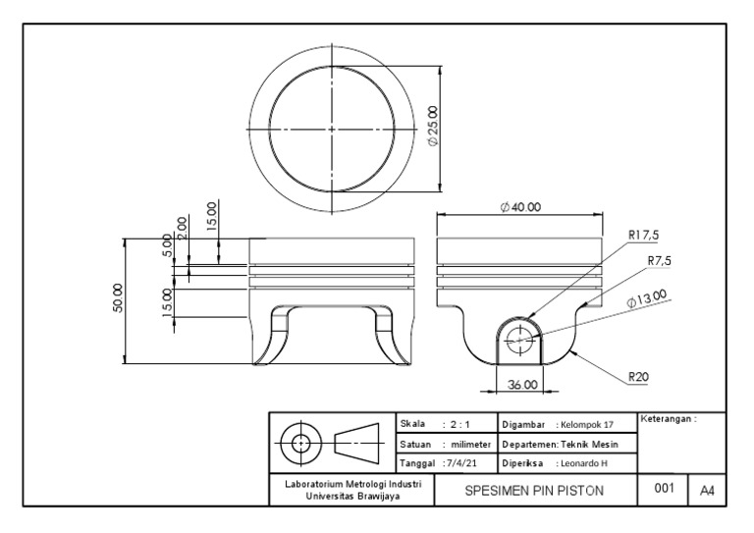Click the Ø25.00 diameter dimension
point(434,127)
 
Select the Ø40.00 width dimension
point(520,207)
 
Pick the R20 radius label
point(638,375)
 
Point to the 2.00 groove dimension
point(182,228)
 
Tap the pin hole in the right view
point(520,340)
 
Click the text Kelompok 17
point(586,424)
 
